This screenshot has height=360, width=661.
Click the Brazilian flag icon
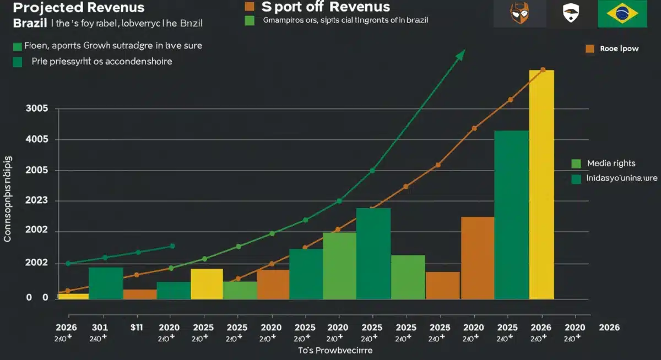pyautogui.click(x=622, y=14)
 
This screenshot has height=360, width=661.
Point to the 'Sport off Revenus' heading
pyautogui.click(x=325, y=7)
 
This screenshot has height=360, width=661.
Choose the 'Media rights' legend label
pyautogui.click(x=611, y=163)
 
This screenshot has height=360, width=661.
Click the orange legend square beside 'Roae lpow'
pyautogui.click(x=590, y=48)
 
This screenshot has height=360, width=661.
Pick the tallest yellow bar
pyautogui.click(x=541, y=184)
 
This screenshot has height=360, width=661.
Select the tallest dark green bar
pyautogui.click(x=511, y=215)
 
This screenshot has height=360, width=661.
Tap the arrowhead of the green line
pyautogui.click(x=460, y=54)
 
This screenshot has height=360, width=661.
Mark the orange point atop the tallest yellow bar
pyautogui.click(x=543, y=70)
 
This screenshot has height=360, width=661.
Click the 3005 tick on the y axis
pyautogui.click(x=37, y=108)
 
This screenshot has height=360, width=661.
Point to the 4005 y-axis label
pyautogui.click(x=37, y=139)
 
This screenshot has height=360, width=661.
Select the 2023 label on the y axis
pyautogui.click(x=37, y=201)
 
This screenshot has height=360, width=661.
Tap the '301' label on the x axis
pyautogui.click(x=99, y=327)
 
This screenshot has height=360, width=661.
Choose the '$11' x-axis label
pyautogui.click(x=137, y=327)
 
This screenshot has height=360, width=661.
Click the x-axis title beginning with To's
pyautogui.click(x=335, y=350)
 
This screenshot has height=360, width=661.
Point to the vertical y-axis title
pyautogui.click(x=8, y=199)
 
